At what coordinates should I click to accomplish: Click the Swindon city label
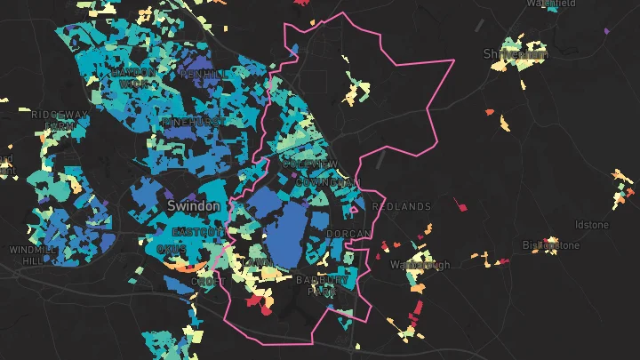point(193,205)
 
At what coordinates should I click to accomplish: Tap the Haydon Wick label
point(133,77)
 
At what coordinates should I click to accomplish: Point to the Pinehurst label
point(189,121)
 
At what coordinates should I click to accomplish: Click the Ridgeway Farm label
point(60,120)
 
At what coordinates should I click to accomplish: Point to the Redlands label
point(401,206)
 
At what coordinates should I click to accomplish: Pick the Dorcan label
point(348,234)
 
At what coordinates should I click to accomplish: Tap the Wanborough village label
point(421,265)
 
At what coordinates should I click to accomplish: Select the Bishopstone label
point(550,245)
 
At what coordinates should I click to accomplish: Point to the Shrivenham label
point(516,54)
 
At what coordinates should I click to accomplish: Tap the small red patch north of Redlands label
point(460,205)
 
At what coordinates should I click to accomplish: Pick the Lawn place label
point(259,260)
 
